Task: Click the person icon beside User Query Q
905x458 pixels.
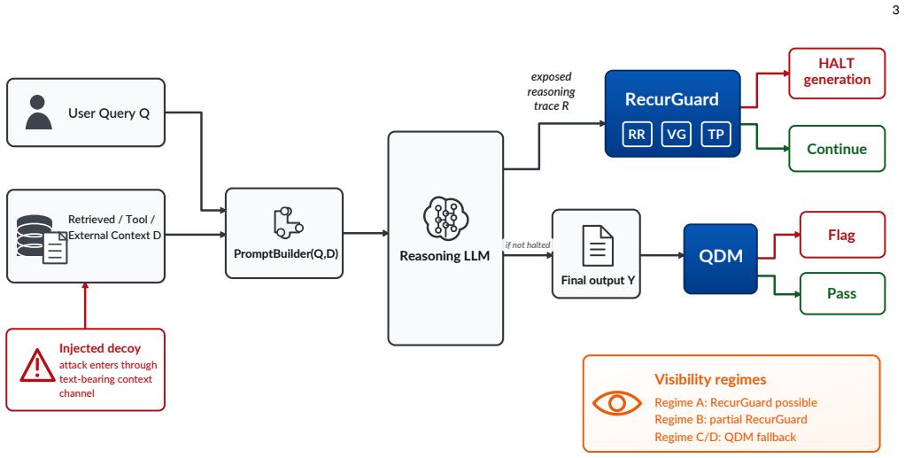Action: point(39,113)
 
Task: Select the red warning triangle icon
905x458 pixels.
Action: point(37,366)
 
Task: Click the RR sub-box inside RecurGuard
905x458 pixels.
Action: point(637,135)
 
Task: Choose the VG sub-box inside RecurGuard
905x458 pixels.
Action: point(677,135)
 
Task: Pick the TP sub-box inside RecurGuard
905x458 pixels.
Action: point(715,135)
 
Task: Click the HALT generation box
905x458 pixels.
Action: point(837,74)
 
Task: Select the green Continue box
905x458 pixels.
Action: point(837,149)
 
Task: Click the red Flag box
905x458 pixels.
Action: point(842,235)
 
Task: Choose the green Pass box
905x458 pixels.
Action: point(842,293)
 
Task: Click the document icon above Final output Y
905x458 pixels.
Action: point(598,245)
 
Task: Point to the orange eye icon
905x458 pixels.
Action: point(617,402)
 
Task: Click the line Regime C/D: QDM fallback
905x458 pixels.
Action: point(725,437)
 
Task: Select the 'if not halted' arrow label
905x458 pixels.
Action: point(528,245)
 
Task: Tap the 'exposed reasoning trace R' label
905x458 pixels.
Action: point(551,91)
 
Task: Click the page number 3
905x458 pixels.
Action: point(896,10)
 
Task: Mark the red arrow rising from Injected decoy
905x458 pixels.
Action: point(85,306)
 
